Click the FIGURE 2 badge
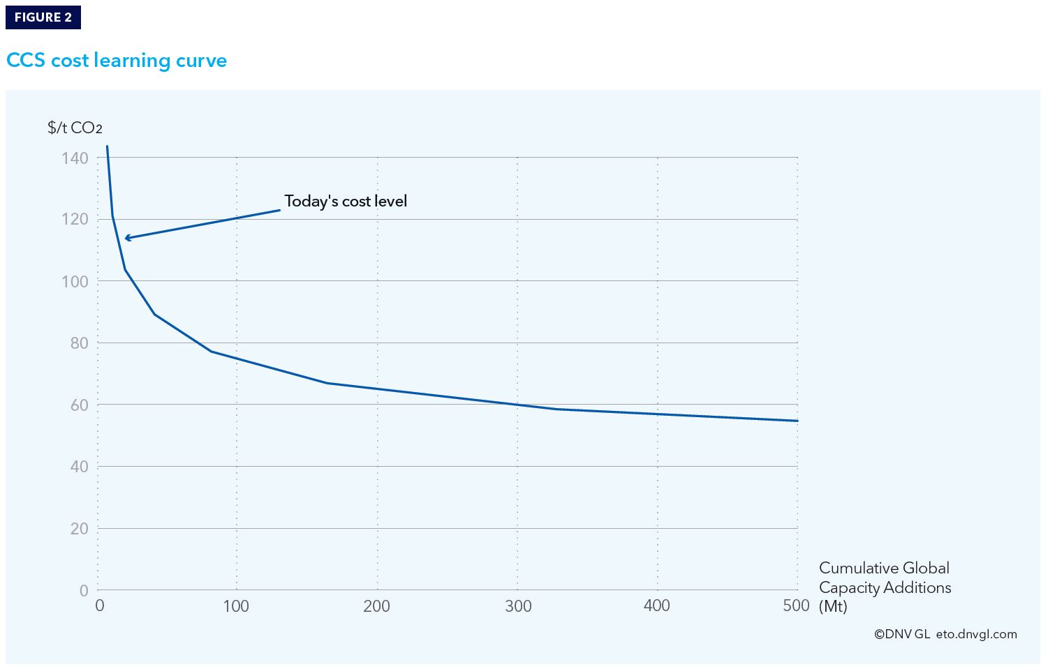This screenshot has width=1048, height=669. point(43,17)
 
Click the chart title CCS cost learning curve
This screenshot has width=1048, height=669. point(117,61)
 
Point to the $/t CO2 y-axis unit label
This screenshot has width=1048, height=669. point(75,128)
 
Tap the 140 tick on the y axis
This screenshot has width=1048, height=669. point(75,158)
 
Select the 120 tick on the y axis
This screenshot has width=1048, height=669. point(75,220)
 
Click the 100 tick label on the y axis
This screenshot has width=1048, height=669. point(75,282)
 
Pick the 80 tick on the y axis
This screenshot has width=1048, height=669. point(79,343)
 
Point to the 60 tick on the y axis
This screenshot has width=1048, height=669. point(79,405)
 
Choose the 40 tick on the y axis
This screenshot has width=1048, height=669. point(79,467)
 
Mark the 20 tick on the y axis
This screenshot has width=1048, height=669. point(79,529)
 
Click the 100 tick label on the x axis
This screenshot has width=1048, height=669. point(236,606)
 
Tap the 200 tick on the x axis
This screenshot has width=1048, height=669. point(376,606)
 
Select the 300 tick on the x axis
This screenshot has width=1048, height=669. point(517,606)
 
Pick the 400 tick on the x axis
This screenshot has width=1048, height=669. point(657,606)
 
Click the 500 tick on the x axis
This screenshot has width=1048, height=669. point(796,606)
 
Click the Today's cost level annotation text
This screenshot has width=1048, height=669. point(346,202)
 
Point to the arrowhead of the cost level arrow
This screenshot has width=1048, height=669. point(126,239)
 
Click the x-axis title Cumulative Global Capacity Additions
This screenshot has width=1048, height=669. point(884,587)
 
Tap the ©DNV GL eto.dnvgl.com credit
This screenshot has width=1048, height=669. point(945,634)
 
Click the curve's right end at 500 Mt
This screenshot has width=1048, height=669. point(797,421)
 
